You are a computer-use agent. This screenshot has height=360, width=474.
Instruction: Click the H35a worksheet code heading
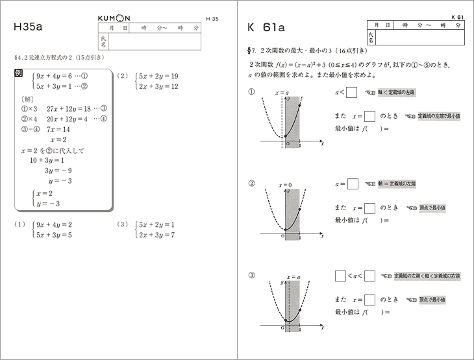click(x=27, y=28)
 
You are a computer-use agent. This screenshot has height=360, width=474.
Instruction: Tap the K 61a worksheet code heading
click(x=266, y=28)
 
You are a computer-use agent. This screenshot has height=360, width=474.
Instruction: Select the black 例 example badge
click(x=19, y=75)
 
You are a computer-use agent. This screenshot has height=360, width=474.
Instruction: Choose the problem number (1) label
click(x=19, y=224)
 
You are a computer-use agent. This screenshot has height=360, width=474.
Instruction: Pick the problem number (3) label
click(x=121, y=224)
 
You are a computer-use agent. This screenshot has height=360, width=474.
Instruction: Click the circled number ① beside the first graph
click(x=252, y=91)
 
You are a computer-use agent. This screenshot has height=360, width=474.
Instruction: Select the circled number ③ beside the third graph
click(x=252, y=275)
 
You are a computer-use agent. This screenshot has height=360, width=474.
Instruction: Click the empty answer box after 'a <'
click(x=351, y=92)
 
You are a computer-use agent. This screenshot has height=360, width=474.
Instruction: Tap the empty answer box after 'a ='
click(x=353, y=184)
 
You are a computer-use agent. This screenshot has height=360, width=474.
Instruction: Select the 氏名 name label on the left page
click(x=103, y=42)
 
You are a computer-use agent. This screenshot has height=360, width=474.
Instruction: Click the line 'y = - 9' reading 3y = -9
click(x=58, y=171)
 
